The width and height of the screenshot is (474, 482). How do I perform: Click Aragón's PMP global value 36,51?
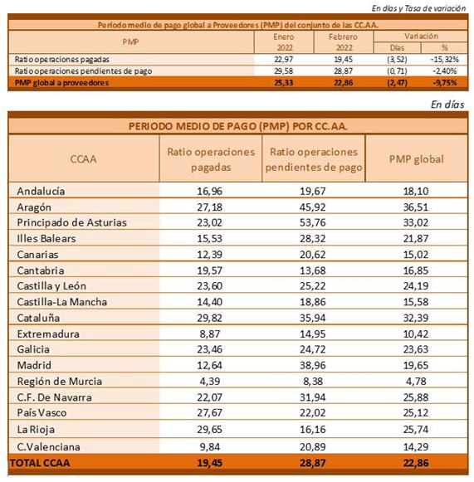coord(416,207)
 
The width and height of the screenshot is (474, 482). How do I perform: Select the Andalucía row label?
coord(41,191)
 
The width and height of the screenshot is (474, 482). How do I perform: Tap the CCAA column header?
coord(83,159)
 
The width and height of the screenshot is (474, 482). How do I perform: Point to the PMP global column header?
coord(417,159)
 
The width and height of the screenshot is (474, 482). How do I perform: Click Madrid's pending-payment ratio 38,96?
coord(312,365)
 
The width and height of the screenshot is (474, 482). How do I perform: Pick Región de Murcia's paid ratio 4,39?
coord(210,381)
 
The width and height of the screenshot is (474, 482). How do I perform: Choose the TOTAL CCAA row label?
coord(40,463)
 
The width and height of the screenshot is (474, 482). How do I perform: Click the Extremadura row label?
coord(48,334)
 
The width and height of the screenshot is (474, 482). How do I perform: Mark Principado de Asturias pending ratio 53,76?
coord(312,222)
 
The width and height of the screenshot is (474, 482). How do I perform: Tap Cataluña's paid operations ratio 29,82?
coord(209,318)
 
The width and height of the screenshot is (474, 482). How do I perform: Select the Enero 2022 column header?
coord(284,42)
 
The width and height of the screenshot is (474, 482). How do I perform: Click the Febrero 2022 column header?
coord(344,42)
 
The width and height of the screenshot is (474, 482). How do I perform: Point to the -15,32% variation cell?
coord(445,60)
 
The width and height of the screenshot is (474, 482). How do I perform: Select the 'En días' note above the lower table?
coord(447,105)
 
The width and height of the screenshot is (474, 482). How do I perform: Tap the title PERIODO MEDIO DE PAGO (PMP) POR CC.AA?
coord(237,126)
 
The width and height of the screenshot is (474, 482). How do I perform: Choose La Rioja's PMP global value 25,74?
coord(416,429)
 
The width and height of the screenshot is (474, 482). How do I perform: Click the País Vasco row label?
coord(42,412)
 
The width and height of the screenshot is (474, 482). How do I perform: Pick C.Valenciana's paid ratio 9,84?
coord(210,446)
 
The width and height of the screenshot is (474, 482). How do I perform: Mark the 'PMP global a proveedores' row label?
coord(61,83)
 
